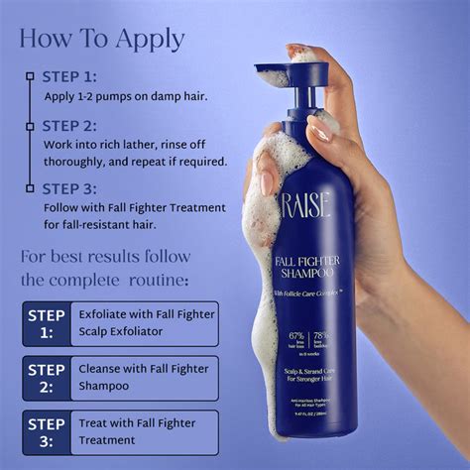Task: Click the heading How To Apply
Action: click(102, 38)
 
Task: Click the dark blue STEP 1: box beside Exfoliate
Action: click(47, 323)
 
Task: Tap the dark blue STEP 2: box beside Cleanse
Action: click(47, 377)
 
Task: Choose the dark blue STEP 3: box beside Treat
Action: click(47, 431)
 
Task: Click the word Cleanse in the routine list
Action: click(102, 369)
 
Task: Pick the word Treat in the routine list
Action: click(94, 422)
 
